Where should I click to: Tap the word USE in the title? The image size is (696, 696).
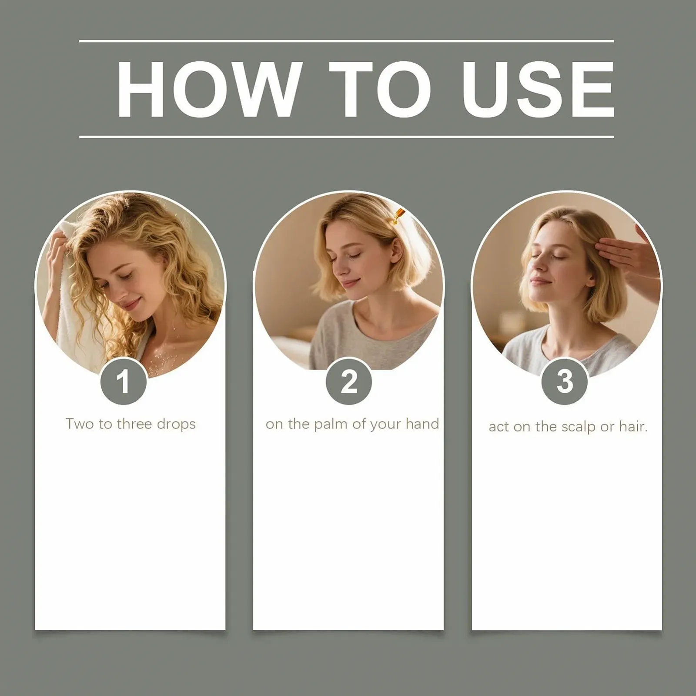click(x=538, y=89)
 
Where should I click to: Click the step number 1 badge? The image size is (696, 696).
click(x=124, y=381)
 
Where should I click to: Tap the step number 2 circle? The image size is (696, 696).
click(x=348, y=381)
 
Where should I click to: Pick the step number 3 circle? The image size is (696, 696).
click(x=565, y=381)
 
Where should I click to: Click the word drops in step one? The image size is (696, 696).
click(x=176, y=424)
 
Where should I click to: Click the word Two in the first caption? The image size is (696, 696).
click(x=79, y=424)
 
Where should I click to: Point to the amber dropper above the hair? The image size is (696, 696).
click(x=398, y=216)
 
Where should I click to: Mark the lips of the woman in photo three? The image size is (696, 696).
click(x=538, y=281)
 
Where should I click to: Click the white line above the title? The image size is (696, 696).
click(x=347, y=41)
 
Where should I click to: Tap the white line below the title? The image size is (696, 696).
click(x=347, y=137)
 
